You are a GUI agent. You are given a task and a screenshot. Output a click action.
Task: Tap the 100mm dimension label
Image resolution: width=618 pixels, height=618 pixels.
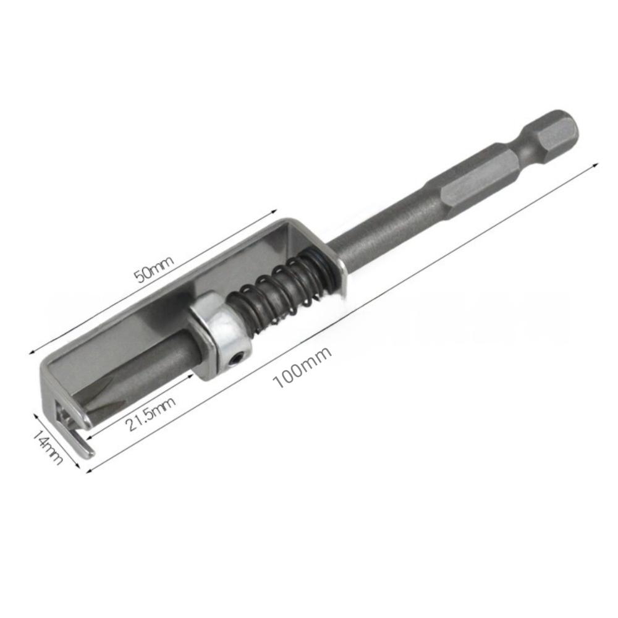[302, 367]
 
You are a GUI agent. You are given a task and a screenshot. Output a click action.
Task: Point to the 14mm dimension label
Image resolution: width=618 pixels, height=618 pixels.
[48, 447]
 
